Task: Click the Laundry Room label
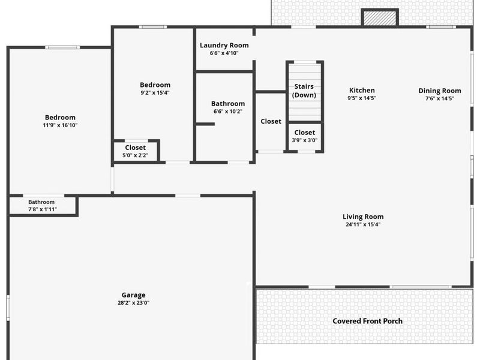(224, 46)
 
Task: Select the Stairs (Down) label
(304, 91)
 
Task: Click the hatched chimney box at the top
(380, 18)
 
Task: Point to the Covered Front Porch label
(367, 321)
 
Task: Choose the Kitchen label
(362, 91)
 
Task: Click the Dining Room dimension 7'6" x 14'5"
(440, 98)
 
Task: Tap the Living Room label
(363, 217)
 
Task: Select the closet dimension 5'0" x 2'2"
(135, 155)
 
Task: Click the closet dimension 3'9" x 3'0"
(304, 140)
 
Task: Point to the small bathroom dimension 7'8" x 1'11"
(41, 209)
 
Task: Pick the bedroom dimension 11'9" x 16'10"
(60, 125)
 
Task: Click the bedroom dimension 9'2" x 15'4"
(155, 92)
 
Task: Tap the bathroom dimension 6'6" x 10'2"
(228, 111)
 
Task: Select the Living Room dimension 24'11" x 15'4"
(363, 224)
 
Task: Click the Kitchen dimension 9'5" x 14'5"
(362, 98)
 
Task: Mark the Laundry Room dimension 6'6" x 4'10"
(224, 53)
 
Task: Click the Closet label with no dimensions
(271, 121)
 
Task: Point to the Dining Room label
(440, 91)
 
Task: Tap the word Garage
(133, 295)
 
